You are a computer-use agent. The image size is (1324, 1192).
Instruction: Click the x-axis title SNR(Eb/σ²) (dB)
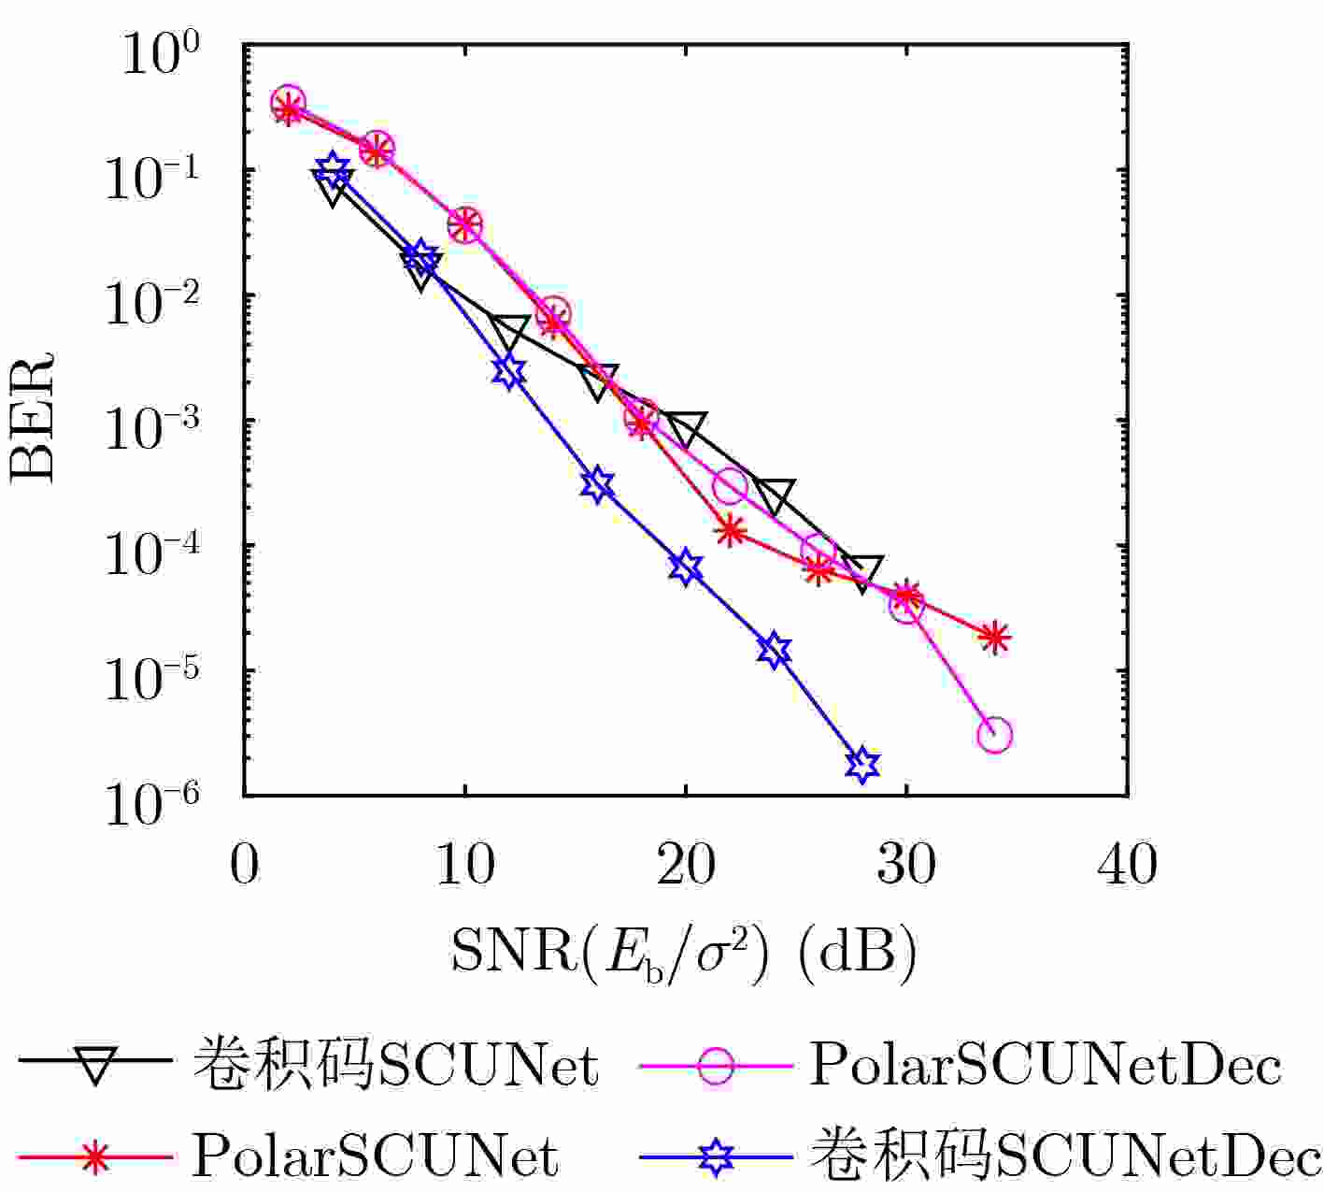tap(684, 953)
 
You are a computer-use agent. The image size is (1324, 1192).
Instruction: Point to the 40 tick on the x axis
tap(1128, 866)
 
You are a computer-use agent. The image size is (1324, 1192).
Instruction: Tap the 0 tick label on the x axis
tap(244, 866)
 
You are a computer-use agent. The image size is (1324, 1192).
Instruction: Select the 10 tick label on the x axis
tap(464, 866)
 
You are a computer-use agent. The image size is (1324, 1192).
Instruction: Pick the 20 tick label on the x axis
tap(685, 866)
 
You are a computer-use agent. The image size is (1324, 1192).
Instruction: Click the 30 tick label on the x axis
tap(906, 866)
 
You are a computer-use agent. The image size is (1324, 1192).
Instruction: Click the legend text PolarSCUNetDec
tap(1045, 1065)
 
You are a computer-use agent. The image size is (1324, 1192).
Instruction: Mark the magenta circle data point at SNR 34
tap(995, 735)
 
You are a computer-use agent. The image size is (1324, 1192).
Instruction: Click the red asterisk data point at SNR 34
tap(995, 638)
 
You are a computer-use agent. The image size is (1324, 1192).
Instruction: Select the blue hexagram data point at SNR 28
tap(862, 764)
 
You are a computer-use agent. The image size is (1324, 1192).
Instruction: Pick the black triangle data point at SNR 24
tap(774, 495)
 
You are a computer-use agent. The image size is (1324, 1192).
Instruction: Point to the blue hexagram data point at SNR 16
tap(597, 484)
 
